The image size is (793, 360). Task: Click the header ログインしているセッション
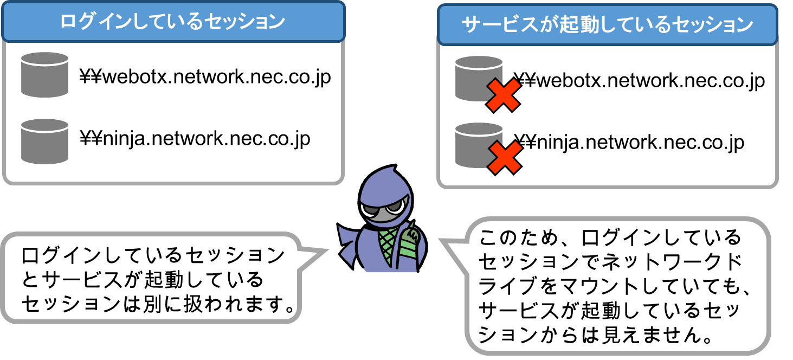(172, 22)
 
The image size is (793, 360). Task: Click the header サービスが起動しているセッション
(607, 25)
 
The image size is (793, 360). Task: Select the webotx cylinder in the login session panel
(44, 74)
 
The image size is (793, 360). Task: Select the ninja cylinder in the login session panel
(44, 140)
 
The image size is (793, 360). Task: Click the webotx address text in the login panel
(205, 77)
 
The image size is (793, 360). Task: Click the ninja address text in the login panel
(195, 139)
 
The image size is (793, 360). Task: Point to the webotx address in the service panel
(640, 81)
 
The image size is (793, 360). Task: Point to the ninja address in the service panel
(629, 143)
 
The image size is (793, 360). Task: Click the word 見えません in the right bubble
(650, 336)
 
